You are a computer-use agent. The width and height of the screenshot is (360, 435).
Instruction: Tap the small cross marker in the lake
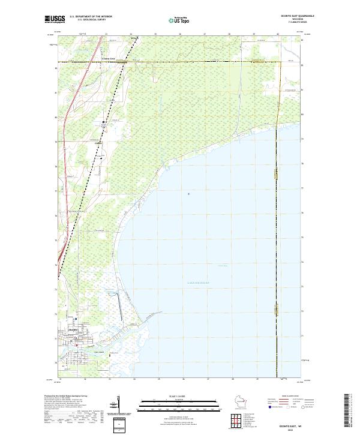pyautogui.click(x=189, y=193)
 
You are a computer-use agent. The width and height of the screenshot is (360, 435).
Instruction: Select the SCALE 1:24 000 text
pyautogui.click(x=169, y=397)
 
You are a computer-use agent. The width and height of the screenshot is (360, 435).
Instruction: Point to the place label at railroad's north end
pyautogui.click(x=134, y=40)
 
